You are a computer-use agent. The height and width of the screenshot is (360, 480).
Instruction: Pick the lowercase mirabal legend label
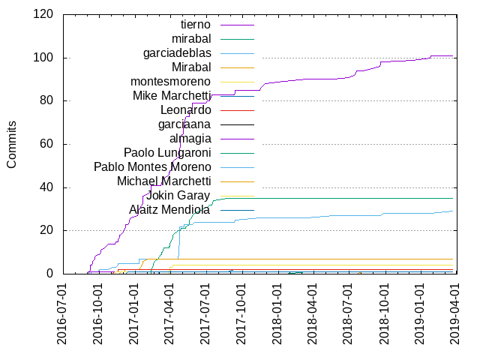point(191,38)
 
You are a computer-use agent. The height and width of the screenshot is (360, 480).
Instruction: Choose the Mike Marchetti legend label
point(172,95)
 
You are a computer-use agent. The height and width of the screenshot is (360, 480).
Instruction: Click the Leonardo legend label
point(186,109)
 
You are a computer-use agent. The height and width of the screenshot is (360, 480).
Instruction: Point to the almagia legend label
point(190,139)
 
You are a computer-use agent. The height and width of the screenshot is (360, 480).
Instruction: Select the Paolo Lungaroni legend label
point(167,153)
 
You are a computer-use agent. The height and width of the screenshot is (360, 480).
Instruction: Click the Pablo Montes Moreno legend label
point(152,166)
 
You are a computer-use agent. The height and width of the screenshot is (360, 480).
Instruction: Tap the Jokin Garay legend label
point(178,196)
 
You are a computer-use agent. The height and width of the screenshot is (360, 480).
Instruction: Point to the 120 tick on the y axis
point(42,14)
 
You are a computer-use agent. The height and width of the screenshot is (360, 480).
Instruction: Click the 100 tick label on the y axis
point(42,58)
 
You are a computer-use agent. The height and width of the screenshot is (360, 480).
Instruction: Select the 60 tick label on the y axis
point(46,144)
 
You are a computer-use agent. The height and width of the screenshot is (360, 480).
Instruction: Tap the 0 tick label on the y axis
point(49,274)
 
